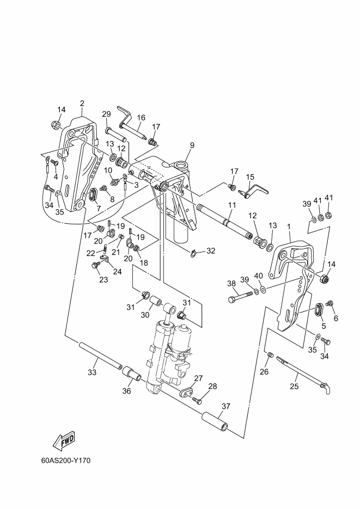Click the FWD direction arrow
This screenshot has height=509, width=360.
64,440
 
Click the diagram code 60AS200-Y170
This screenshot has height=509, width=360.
66,461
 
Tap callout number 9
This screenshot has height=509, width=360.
192,145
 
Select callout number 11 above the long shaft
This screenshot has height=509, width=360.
231,205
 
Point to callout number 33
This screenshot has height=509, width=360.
92,372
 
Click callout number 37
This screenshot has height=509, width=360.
226,406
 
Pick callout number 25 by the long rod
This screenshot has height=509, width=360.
294,387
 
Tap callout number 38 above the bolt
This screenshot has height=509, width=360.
231,284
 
